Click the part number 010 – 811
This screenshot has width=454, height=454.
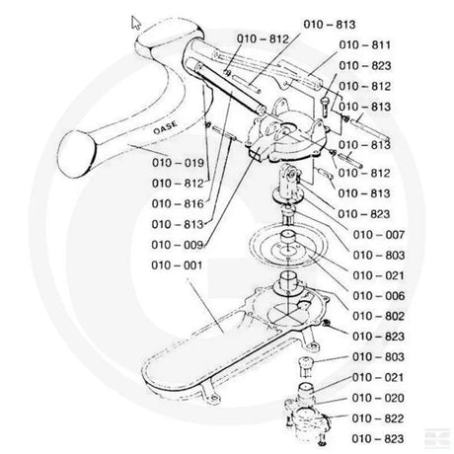coord(365,45)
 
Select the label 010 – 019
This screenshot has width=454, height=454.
coord(178,163)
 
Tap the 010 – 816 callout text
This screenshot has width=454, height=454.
coord(178,204)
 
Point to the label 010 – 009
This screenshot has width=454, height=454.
coord(178,245)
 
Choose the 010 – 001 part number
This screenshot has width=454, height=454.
coord(177,265)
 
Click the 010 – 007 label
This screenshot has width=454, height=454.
coord(379,235)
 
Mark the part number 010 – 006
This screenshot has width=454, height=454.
coord(379,296)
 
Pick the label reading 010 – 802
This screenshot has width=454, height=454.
coord(378,316)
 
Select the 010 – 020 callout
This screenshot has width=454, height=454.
coord(378,398)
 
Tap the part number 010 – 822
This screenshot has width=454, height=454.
coord(378,418)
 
